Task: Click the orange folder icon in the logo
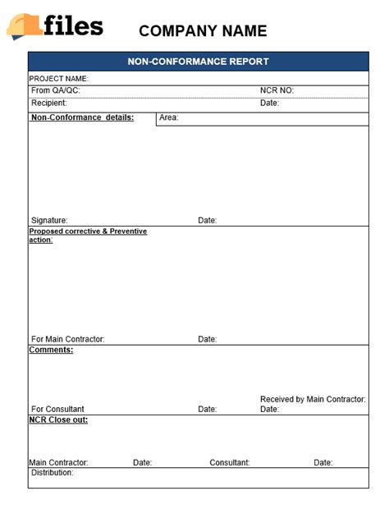pyautogui.click(x=24, y=26)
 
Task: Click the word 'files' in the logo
pyautogui.click(x=74, y=26)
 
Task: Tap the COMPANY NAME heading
pyautogui.click(x=203, y=31)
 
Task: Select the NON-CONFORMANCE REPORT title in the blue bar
pyautogui.click(x=198, y=62)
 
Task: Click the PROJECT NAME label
pyautogui.click(x=58, y=79)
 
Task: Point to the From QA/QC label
pyautogui.click(x=56, y=90)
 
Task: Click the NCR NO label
pyautogui.click(x=277, y=90)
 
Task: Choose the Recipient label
pyautogui.click(x=49, y=103)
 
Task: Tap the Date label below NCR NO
pyautogui.click(x=269, y=103)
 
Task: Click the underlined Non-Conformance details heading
pyautogui.click(x=82, y=117)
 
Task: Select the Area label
pyautogui.click(x=169, y=117)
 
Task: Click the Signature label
pyautogui.click(x=49, y=220)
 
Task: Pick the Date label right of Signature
pyautogui.click(x=207, y=220)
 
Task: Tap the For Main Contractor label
pyautogui.click(x=68, y=339)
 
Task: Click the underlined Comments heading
pyautogui.click(x=51, y=350)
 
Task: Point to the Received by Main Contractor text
pyautogui.click(x=313, y=399)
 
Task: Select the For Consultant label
pyautogui.click(x=57, y=409)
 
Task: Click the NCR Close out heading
pyautogui.click(x=58, y=420)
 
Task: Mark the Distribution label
pyautogui.click(x=52, y=473)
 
